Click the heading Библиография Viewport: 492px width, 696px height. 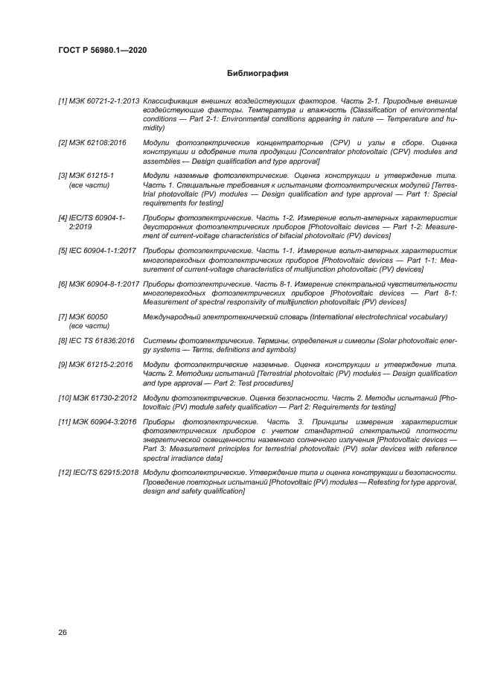point(257,74)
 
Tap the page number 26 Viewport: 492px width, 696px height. point(63,633)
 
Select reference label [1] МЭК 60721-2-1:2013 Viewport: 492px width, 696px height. point(99,100)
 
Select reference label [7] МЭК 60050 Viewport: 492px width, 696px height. point(83,317)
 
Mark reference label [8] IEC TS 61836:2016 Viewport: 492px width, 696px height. point(97,341)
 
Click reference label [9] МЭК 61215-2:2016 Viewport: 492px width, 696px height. point(96,364)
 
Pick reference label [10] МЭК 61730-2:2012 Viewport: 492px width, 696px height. point(98,398)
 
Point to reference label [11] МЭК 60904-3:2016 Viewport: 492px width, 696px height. point(98,421)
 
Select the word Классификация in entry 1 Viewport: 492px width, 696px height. point(171,100)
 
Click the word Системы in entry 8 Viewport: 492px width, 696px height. point(158,341)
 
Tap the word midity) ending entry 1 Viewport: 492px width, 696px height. point(154,128)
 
